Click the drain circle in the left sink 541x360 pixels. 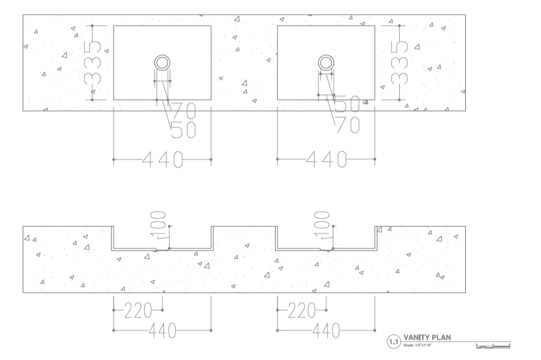(x=162, y=63)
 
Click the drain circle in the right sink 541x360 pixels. (x=326, y=63)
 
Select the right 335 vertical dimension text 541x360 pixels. (x=400, y=63)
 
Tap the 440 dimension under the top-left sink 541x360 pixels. (x=162, y=160)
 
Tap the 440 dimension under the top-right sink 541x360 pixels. (x=326, y=160)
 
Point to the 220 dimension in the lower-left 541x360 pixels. (x=137, y=311)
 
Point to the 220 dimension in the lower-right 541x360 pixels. (x=301, y=311)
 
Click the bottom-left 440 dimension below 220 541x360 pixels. (x=162, y=331)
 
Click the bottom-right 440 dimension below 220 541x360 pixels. (x=326, y=331)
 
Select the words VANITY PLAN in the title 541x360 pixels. (x=427, y=337)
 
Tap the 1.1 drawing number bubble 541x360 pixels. (x=393, y=342)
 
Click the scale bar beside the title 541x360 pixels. (x=493, y=346)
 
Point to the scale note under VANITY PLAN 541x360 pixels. (x=418, y=345)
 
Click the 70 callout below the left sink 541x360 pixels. (x=183, y=109)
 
